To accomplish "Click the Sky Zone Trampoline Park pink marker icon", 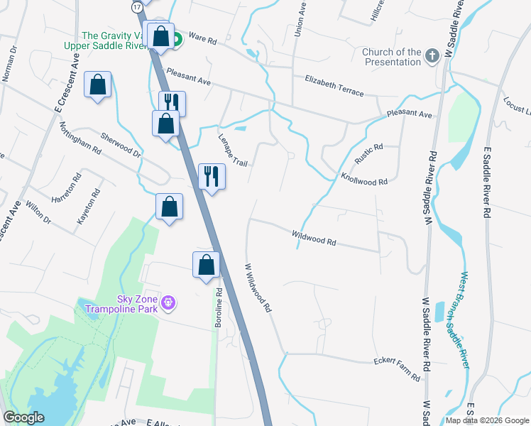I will pyautogui.click(x=168, y=303).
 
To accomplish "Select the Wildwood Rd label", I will pyautogui.click(x=314, y=238).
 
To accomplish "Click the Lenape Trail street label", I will pyautogui.click(x=232, y=151).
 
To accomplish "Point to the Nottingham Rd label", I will pyautogui.click(x=80, y=137).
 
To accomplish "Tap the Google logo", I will pyautogui.click(x=23, y=417).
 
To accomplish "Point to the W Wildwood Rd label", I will pyautogui.click(x=258, y=288).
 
